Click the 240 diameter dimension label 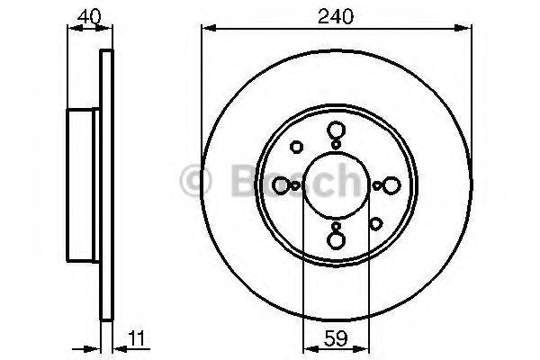pyautogui.click(x=336, y=16)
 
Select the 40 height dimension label pyautogui.click(x=89, y=16)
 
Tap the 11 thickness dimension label pyautogui.click(x=138, y=338)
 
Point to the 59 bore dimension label pyautogui.click(x=336, y=338)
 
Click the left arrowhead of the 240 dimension pyautogui.click(x=209, y=28)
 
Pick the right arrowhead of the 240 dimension pyautogui.click(x=463, y=28)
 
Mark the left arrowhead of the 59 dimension pyautogui.click(x=310, y=349)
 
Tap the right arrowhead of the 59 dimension pyautogui.click(x=361, y=349)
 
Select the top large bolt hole pyautogui.click(x=336, y=130)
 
